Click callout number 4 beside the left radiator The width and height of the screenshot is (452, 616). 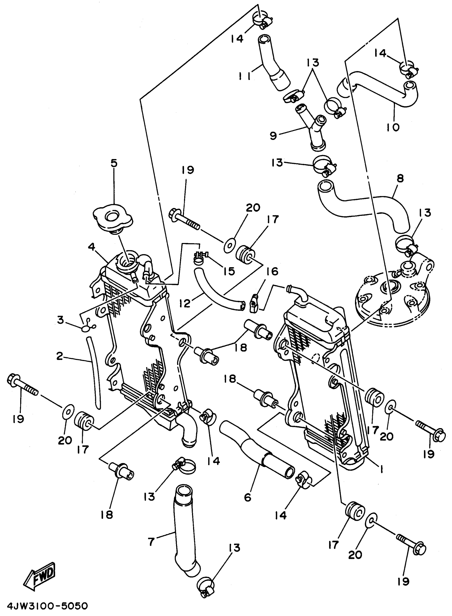click(91, 247)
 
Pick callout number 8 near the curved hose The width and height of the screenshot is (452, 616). click(400, 179)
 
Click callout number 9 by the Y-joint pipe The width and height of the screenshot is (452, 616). click(273, 136)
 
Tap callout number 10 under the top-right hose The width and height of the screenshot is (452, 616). click(393, 127)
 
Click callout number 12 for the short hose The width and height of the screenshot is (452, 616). click(185, 303)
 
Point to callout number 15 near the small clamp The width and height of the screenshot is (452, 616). click(229, 271)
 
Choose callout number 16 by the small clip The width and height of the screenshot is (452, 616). click(272, 272)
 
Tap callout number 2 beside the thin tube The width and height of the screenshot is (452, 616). click(60, 357)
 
